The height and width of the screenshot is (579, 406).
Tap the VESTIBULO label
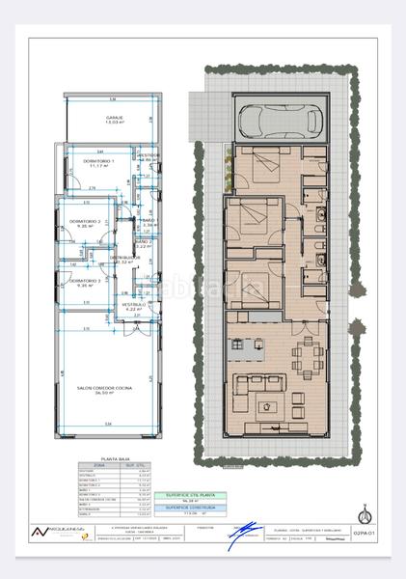click(132, 303)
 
